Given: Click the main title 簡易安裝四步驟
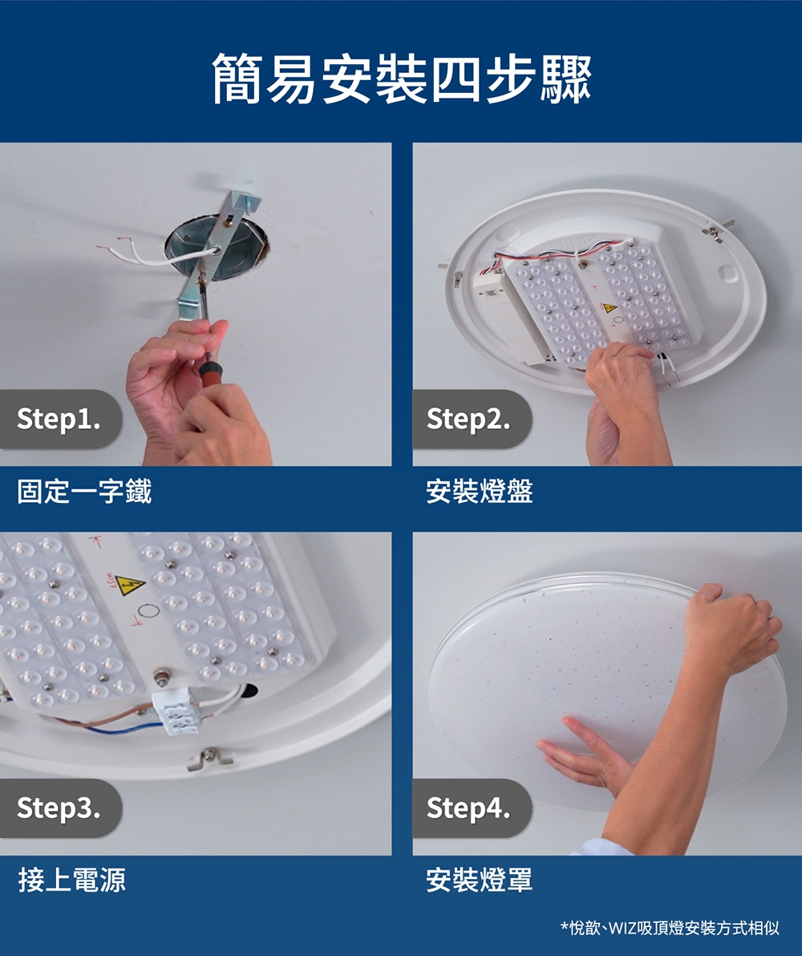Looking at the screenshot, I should [x=401, y=79].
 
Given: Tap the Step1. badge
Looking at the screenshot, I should [x=59, y=419].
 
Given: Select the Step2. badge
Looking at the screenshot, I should [x=469, y=419].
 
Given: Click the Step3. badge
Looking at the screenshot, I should [x=59, y=808].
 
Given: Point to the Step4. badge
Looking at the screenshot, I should [x=469, y=808].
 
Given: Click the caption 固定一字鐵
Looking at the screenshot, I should [x=84, y=490].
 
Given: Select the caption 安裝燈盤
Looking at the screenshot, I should [x=479, y=490].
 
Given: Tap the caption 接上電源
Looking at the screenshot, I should [x=71, y=880].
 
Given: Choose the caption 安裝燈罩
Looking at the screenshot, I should [x=479, y=880].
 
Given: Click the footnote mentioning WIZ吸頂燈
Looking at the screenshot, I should [x=669, y=928].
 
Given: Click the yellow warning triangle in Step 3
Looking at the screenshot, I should [x=128, y=585].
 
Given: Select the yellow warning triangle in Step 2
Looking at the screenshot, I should [x=610, y=308].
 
